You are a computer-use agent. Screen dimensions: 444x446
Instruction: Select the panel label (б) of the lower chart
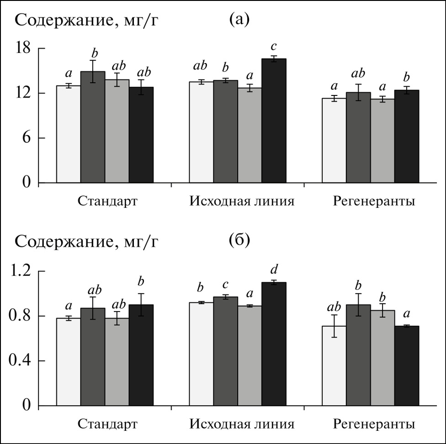239,241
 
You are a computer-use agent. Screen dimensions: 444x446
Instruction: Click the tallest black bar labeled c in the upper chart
274,121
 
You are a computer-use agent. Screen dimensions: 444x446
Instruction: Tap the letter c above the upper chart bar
274,47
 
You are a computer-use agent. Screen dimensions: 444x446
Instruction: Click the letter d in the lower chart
274,268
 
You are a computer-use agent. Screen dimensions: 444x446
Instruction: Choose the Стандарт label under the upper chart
107,201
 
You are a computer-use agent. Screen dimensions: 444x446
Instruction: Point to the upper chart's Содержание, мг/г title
87,21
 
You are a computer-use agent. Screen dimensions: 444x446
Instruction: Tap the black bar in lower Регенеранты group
407,365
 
